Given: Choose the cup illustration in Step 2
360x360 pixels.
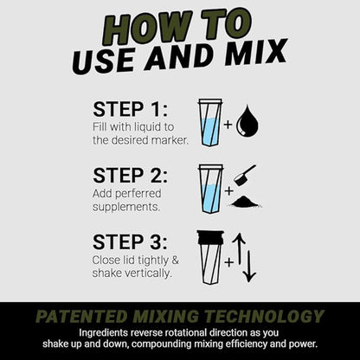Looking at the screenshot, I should (209, 188).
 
